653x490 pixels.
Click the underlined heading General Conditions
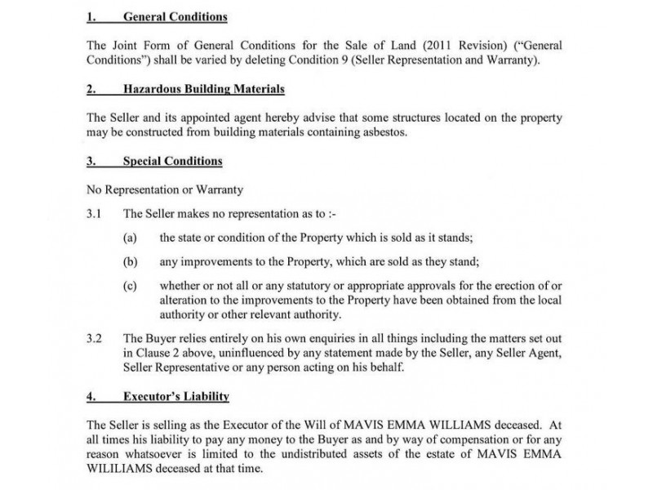point(175,17)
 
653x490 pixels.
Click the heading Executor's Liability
point(175,397)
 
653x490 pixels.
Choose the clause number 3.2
point(95,337)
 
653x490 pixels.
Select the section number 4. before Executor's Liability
point(91,397)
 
